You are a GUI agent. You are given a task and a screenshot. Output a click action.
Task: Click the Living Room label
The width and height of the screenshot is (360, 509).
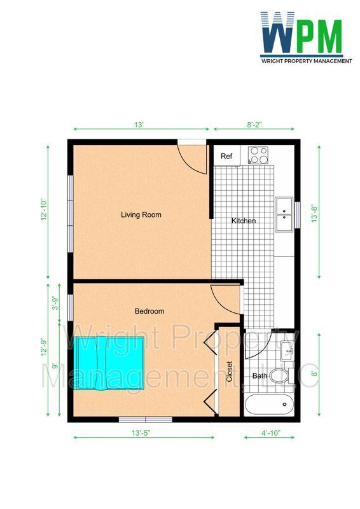[141, 214]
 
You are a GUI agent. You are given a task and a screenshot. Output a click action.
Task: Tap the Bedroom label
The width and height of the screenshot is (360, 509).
[149, 311]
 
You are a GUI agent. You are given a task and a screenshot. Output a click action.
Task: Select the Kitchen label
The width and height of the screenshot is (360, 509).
[244, 221]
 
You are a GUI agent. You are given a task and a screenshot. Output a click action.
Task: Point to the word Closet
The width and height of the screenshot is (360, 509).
[230, 372]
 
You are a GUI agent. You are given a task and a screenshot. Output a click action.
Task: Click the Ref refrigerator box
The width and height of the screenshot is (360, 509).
[226, 155]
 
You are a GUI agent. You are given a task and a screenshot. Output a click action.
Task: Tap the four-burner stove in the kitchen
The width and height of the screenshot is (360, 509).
[258, 155]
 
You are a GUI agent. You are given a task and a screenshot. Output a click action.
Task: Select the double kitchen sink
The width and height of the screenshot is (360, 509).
[284, 214]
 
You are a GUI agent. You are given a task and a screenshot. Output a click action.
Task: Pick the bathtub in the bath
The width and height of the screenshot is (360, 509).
[270, 405]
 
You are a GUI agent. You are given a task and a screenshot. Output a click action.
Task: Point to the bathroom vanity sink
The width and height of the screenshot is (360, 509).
[287, 351]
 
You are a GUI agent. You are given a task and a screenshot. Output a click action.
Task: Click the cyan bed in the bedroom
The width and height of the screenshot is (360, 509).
[109, 363]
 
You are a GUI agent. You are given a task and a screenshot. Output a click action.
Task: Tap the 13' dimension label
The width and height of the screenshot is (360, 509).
[139, 125]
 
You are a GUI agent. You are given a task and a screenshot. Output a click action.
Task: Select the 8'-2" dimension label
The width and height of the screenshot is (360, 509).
[254, 125]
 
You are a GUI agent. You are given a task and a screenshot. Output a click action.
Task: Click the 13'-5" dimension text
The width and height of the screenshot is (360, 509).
[141, 433]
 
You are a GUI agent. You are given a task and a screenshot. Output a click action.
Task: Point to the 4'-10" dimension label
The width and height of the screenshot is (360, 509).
[271, 433]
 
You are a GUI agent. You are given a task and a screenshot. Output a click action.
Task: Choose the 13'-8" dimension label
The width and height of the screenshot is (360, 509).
[314, 213]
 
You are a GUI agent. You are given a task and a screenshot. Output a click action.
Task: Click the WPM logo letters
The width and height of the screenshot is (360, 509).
[301, 32]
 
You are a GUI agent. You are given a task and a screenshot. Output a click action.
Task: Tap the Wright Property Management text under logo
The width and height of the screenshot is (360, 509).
[307, 60]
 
